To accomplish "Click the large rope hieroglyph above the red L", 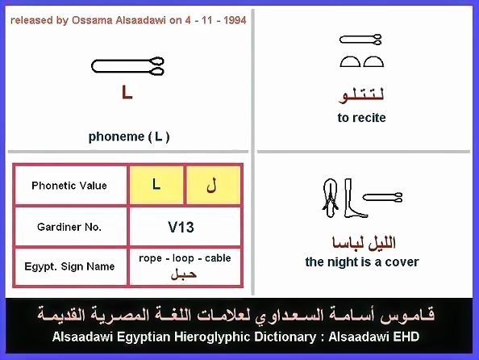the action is pos(127,66).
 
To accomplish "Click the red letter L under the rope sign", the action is pos(127,92).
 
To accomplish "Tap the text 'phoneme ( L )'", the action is pos(129,136).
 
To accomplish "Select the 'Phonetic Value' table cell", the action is pos(69,186).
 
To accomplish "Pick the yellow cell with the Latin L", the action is pos(156,185).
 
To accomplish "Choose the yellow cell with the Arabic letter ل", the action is pos(213,185).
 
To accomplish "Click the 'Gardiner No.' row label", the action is pos(69,227).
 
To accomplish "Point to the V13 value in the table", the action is pos(181,228).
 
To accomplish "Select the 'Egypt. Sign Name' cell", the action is pos(69,266).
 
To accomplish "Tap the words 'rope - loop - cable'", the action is pos(185,258).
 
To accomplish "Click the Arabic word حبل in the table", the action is pos(184,274).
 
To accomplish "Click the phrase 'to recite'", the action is pos(362,118).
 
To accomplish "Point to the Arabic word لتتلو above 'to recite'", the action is pos(362,95).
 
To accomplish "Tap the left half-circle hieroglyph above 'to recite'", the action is pos(350,61).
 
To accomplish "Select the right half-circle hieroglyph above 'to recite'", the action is pos(373,61).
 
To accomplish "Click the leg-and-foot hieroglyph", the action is pos(354,199).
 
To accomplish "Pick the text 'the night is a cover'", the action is pos(362,262).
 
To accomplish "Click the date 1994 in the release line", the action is pos(235,20).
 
